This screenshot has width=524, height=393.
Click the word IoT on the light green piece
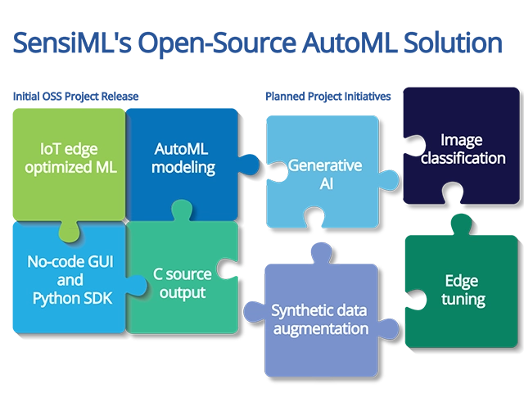point(50,150)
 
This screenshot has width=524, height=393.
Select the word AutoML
point(184,150)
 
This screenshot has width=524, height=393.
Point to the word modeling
point(184,168)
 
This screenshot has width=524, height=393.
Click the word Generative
point(324,165)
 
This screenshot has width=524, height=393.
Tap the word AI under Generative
point(324,184)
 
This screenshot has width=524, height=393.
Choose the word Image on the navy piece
point(462,140)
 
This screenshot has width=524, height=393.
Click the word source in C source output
point(189,273)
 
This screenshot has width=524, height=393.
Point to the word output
point(183,292)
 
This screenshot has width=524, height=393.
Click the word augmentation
point(320,329)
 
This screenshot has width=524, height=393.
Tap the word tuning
point(463,299)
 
